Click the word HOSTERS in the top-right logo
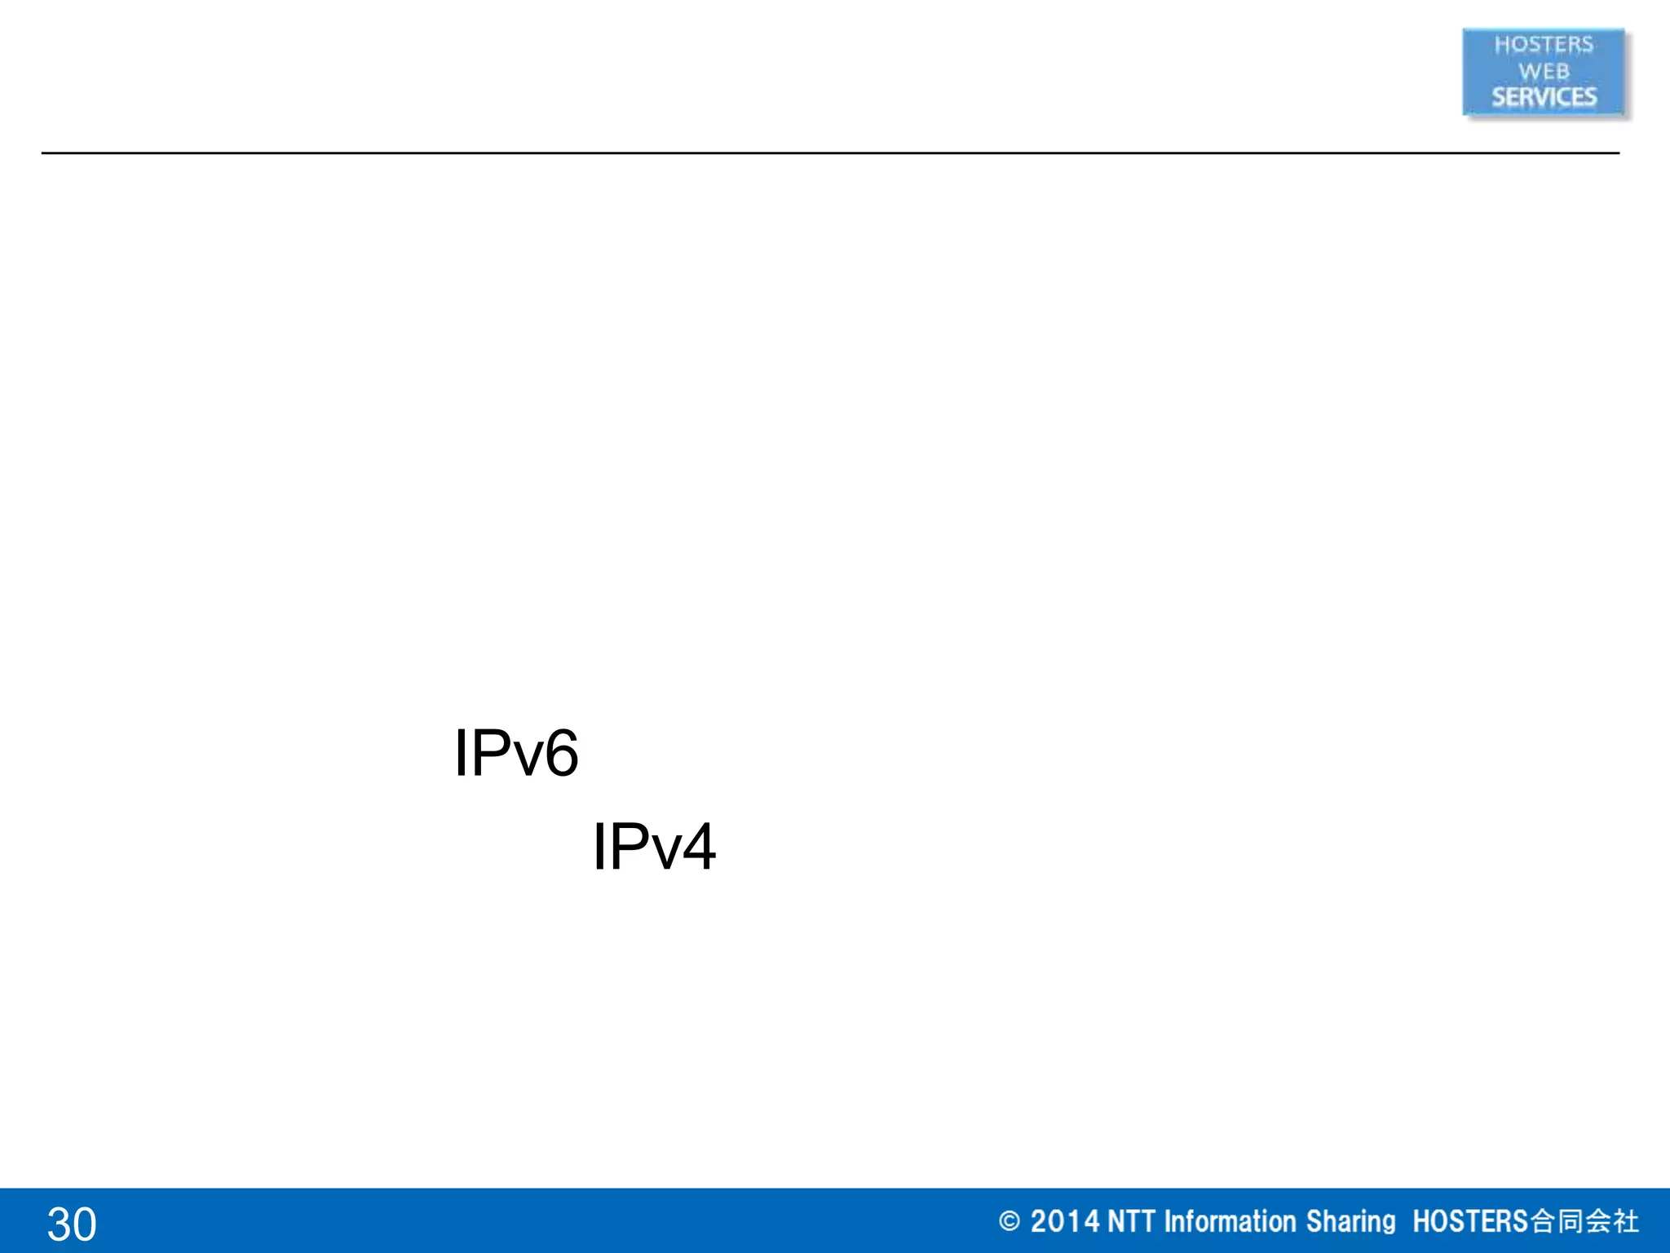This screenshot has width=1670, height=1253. tap(1543, 45)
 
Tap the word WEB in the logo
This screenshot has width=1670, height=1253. tap(1543, 72)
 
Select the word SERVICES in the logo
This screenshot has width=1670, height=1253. tap(1544, 97)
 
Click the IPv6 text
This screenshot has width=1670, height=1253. tap(516, 753)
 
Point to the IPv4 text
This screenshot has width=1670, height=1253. tap(654, 847)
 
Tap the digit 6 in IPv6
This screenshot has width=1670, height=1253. tap(561, 753)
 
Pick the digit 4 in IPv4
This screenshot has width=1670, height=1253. tap(699, 847)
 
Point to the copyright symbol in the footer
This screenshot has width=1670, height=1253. tap(1009, 1221)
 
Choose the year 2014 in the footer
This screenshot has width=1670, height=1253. tap(1064, 1221)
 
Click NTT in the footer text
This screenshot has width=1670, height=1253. tap(1131, 1221)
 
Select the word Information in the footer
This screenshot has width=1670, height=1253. tap(1230, 1221)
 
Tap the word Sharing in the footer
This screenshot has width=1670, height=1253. tap(1350, 1221)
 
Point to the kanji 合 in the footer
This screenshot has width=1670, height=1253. tap(1542, 1221)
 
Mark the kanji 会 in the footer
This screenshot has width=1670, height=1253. tap(1597, 1221)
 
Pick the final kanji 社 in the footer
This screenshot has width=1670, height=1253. tap(1626, 1221)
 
